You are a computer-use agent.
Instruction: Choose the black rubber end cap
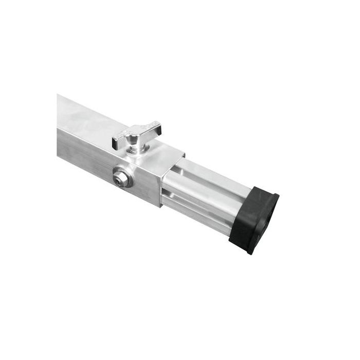[255, 219]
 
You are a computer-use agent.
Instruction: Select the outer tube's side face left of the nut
[85, 154]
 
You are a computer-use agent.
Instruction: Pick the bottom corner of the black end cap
[250, 252]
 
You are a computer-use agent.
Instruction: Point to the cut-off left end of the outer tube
[59, 126]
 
